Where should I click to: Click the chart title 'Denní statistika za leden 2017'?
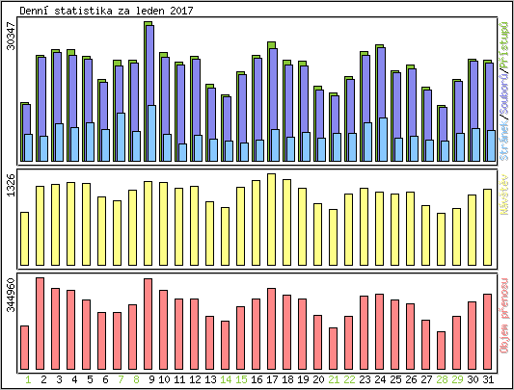click(x=105, y=9)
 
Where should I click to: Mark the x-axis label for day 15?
click(x=241, y=379)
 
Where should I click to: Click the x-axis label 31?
click(x=488, y=379)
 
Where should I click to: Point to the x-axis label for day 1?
click(x=25, y=379)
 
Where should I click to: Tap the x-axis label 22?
click(x=349, y=379)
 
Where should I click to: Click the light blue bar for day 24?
click(x=383, y=140)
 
